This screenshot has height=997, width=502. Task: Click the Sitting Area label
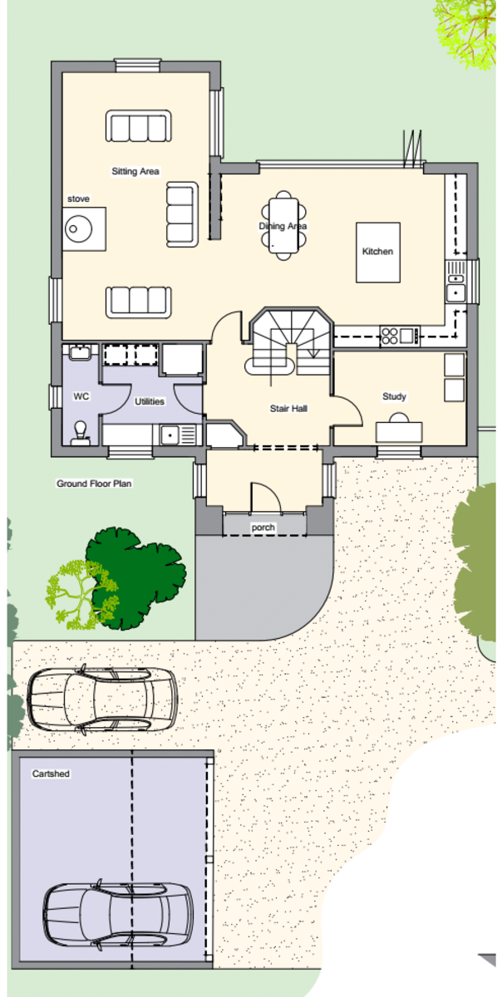coord(135,171)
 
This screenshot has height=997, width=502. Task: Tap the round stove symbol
coord(78,228)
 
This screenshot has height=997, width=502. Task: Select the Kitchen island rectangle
coord(377,253)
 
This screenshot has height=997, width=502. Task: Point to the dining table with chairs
coord(283,225)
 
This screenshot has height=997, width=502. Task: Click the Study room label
coord(394,396)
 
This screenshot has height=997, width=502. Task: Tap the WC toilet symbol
coord(80,433)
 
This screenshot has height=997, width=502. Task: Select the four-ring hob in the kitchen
coord(390,336)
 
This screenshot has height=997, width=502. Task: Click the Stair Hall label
coord(288,408)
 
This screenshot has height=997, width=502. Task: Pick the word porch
coord(263,528)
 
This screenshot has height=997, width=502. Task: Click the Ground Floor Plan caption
coord(94,484)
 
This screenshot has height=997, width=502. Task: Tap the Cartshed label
coord(51,774)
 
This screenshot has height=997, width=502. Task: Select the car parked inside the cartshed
coord(118,914)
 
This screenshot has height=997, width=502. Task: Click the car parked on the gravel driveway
coord(102,700)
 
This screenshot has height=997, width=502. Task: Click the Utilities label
coord(150,401)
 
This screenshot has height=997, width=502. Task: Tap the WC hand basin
coord(80,351)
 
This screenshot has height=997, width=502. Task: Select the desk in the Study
coord(399,432)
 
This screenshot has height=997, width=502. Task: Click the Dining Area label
coord(283,226)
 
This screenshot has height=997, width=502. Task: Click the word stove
coord(78,199)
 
